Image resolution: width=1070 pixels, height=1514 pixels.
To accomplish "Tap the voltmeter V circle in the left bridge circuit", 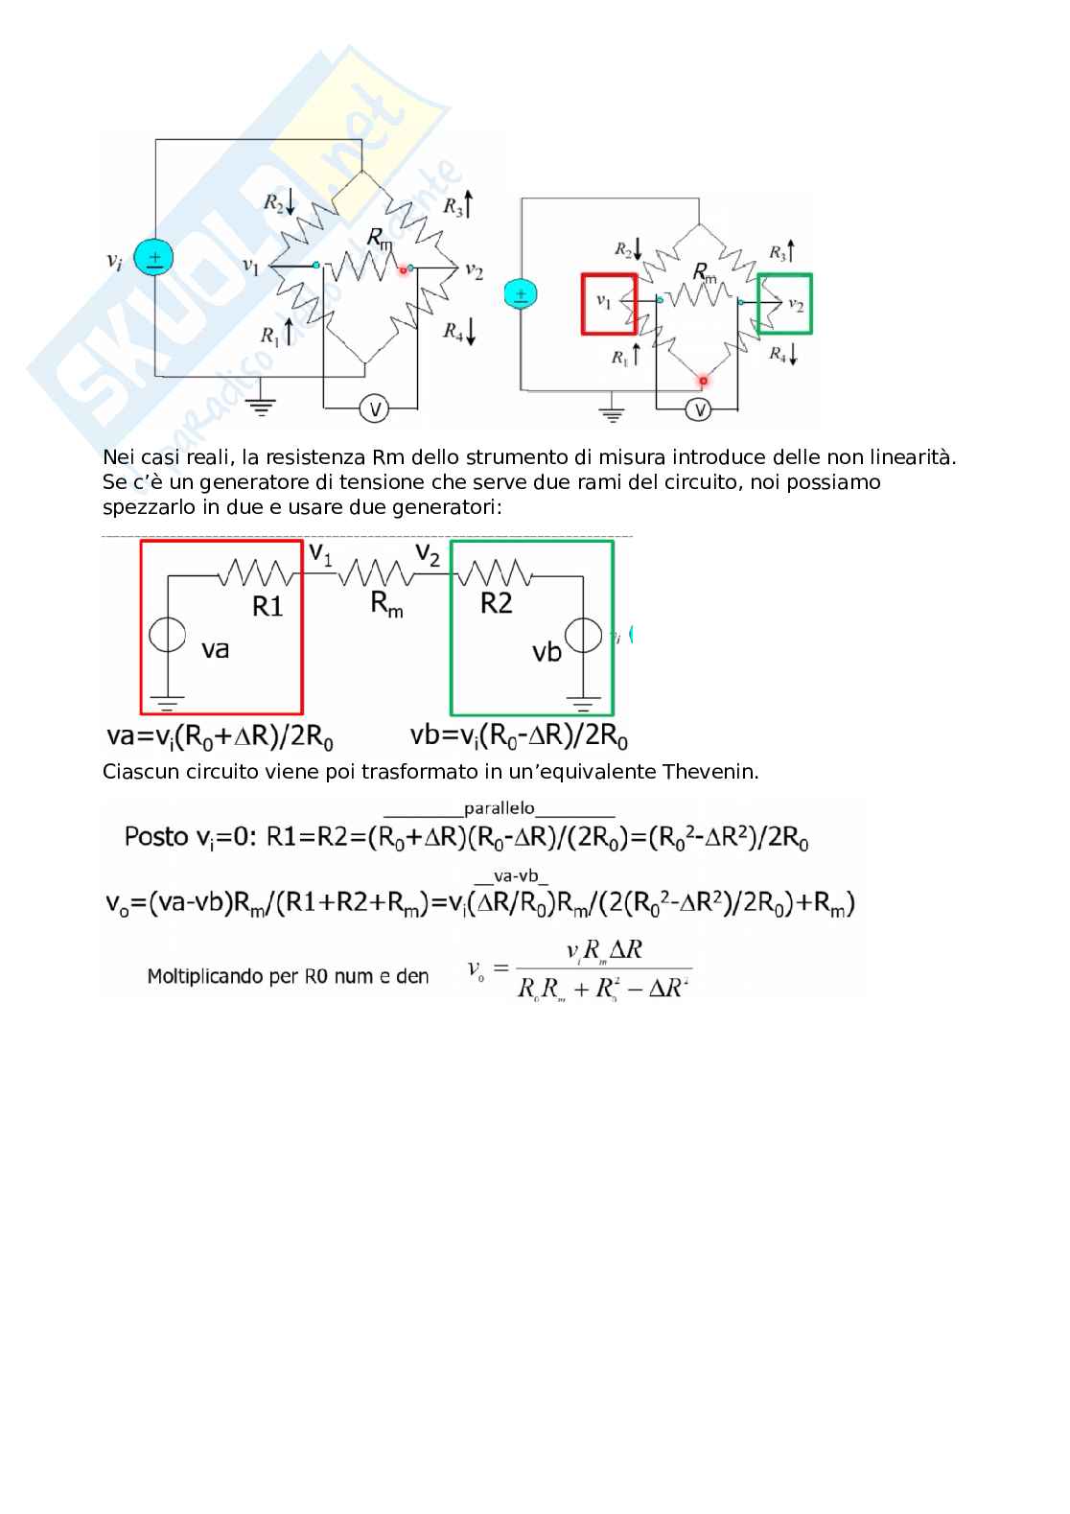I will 374,409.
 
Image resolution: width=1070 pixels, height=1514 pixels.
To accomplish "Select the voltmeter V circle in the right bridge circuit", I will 701,409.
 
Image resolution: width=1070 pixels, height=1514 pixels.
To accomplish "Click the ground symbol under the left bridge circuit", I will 260,408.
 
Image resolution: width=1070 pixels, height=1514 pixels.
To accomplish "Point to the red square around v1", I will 608,304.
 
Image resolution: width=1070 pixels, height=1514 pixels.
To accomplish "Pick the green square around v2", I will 784,304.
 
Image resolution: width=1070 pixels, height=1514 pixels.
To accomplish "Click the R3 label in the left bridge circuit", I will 453,205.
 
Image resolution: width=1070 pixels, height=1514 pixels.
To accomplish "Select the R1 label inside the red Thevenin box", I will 267,606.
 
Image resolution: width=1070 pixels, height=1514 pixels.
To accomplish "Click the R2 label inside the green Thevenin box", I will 496,604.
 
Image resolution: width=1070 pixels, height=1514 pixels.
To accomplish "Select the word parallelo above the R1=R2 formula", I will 499,808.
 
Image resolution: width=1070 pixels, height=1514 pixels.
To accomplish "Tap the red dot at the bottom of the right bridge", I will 703,381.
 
